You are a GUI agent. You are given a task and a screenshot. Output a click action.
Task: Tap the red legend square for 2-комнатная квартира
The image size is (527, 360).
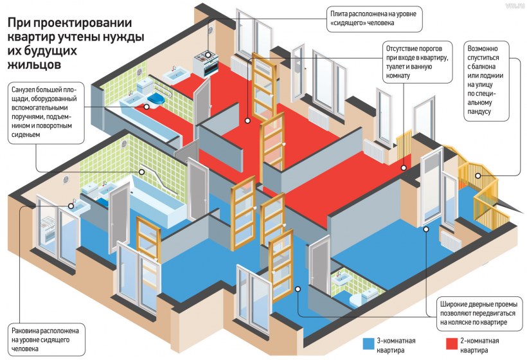[x=451, y=343]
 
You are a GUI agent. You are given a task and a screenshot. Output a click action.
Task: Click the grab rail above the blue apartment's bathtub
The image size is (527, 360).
[x=154, y=172]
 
